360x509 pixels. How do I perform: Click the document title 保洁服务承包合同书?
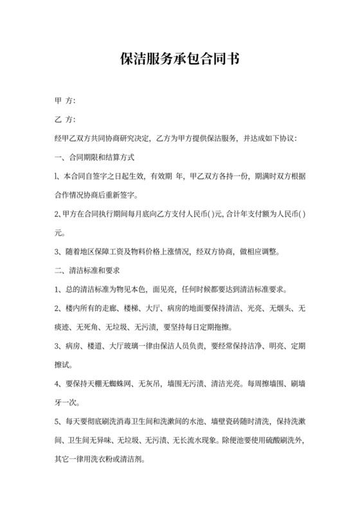coord(180,60)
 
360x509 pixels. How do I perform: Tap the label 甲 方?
coord(66,102)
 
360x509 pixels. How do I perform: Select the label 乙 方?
coord(66,120)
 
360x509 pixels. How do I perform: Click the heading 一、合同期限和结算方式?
coord(94,157)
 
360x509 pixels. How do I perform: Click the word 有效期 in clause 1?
coord(161,176)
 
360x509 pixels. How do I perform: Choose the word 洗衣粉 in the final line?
coord(106,461)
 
